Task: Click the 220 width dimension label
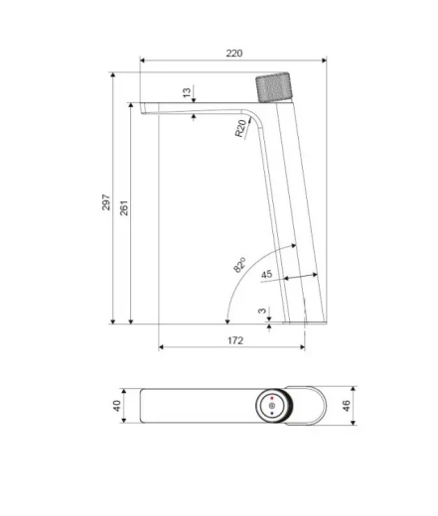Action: tap(234, 54)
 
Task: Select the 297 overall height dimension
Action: tap(106, 202)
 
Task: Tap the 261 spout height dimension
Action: tap(124, 208)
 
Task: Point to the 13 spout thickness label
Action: tap(187, 92)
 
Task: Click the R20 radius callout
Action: tap(241, 128)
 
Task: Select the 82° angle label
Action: tap(239, 265)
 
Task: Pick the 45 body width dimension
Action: tap(266, 274)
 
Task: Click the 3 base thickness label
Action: tap(262, 311)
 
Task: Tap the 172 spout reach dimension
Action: tap(235, 340)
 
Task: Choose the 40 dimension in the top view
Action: tap(117, 406)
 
